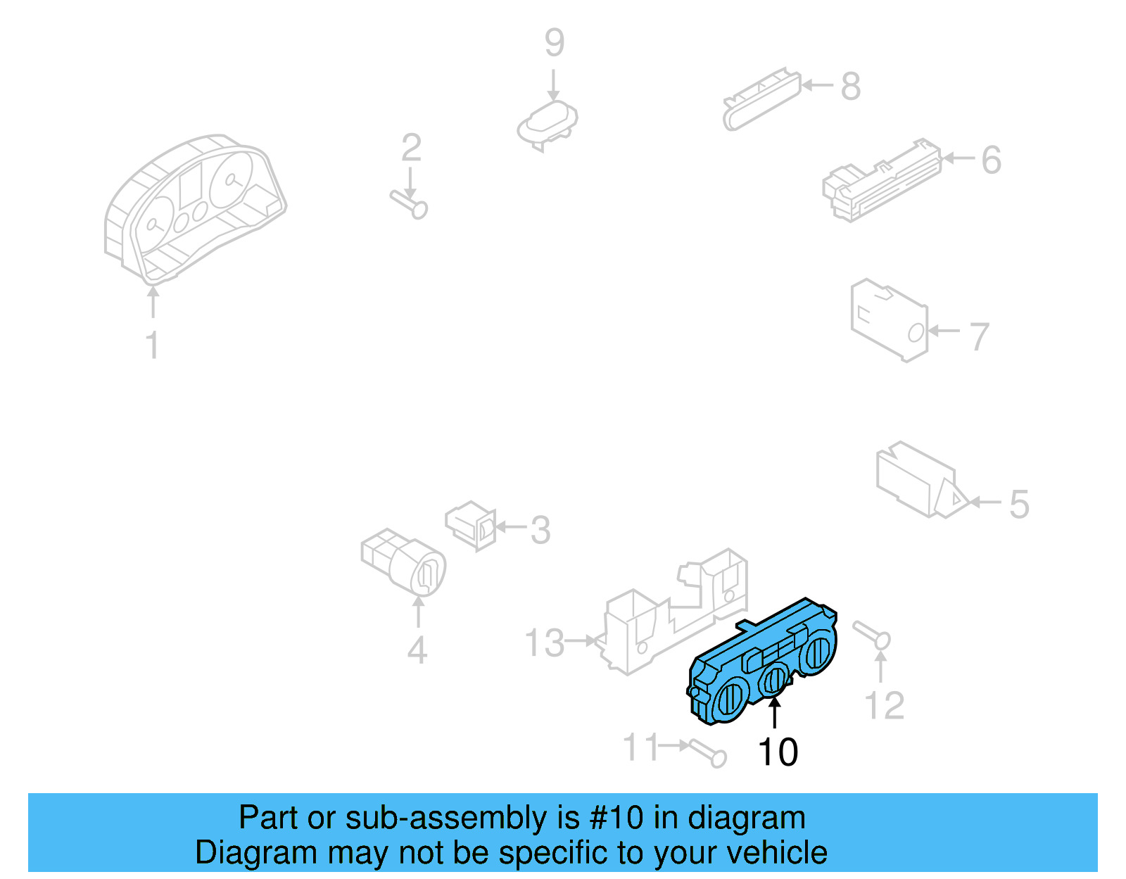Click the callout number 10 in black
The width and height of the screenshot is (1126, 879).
(778, 752)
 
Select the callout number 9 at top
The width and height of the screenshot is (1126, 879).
(554, 43)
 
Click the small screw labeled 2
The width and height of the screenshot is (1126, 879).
(410, 204)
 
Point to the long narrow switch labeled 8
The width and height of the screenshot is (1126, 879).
(761, 100)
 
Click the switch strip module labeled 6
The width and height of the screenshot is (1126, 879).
(881, 182)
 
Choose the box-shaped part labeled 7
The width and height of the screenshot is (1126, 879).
(888, 320)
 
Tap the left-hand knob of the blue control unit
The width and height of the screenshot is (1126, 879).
(729, 700)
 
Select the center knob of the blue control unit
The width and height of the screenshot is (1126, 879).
(775, 679)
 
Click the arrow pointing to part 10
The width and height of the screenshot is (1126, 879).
(774, 713)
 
